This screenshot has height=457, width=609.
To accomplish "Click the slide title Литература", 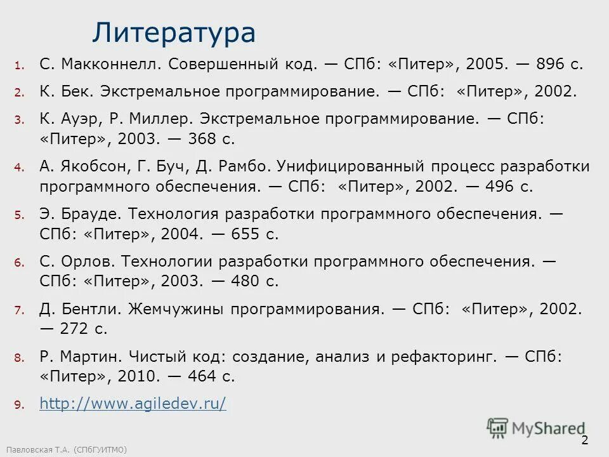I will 174,32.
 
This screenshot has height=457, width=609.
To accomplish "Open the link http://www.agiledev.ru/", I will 133,404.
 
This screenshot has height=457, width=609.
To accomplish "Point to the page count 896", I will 550,64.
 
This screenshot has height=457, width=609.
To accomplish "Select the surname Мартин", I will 91,357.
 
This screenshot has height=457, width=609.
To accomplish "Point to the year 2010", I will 137,376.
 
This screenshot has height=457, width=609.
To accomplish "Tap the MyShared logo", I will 537,428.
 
